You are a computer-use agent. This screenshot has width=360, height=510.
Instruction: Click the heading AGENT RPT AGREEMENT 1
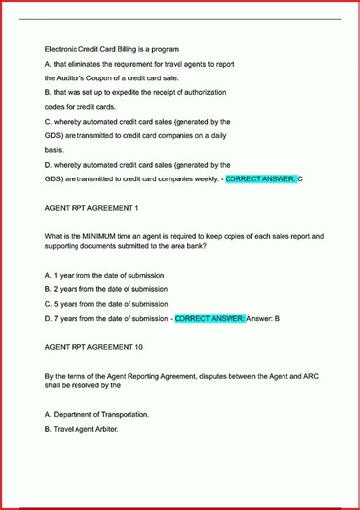click(92, 208)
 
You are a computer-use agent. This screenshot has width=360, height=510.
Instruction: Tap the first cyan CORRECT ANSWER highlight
click(260, 179)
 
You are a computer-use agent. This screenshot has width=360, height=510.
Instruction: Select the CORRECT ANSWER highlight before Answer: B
click(210, 318)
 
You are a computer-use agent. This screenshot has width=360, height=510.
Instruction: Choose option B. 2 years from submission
click(106, 289)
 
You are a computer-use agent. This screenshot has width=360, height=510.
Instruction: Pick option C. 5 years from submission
click(106, 304)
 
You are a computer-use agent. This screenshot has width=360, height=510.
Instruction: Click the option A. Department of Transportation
click(97, 414)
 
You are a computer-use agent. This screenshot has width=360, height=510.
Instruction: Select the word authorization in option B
click(205, 92)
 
